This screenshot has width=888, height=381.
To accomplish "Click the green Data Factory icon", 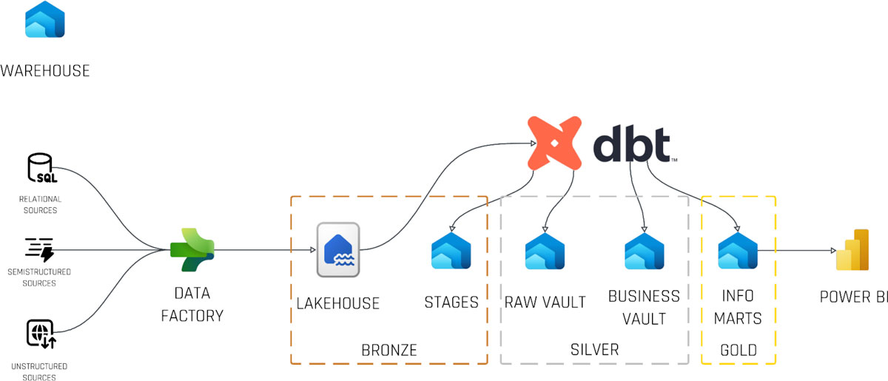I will (x=192, y=250).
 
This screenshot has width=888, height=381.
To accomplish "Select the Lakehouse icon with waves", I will (x=338, y=250).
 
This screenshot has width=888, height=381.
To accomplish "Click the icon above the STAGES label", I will (x=451, y=251).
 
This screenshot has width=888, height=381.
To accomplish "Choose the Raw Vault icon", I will (x=545, y=251).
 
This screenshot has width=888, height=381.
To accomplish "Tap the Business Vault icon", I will (x=644, y=251).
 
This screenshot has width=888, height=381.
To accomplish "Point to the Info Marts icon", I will (x=738, y=251).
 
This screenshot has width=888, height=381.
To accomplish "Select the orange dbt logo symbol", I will (x=555, y=143).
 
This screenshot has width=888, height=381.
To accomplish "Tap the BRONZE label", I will (x=388, y=349).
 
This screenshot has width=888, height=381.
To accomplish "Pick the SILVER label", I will (x=594, y=349).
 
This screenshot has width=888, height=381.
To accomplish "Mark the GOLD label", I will (x=738, y=350).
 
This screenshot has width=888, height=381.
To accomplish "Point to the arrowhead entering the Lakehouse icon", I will (x=312, y=250).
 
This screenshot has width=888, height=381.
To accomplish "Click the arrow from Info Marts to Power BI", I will (x=795, y=251).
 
